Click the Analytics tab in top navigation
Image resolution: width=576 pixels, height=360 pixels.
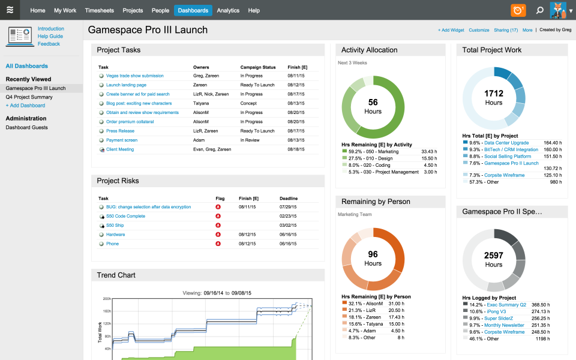[228, 10]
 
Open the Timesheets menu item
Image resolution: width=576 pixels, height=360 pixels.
[100, 10]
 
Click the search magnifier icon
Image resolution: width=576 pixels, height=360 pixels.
[540, 10]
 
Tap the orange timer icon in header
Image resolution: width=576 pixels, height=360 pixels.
[518, 10]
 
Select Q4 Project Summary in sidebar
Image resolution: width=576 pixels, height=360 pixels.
[29, 97]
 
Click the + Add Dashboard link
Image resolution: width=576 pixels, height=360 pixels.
[25, 105]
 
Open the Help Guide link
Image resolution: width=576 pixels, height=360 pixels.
[50, 36]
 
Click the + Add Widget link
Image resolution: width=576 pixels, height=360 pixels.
[451, 30]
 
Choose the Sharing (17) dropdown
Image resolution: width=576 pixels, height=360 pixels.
[506, 30]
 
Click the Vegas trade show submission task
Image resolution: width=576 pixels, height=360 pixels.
[134, 76]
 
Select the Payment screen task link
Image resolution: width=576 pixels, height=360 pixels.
[122, 140]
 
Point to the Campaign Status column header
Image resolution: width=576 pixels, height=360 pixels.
[257, 67]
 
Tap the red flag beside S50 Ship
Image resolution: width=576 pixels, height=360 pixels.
[218, 225]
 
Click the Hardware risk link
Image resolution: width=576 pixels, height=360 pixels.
[116, 234]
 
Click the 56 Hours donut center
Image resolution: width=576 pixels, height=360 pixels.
[373, 106]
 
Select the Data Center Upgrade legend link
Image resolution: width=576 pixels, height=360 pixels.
[506, 143]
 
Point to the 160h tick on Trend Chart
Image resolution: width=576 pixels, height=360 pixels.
[107, 311]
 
